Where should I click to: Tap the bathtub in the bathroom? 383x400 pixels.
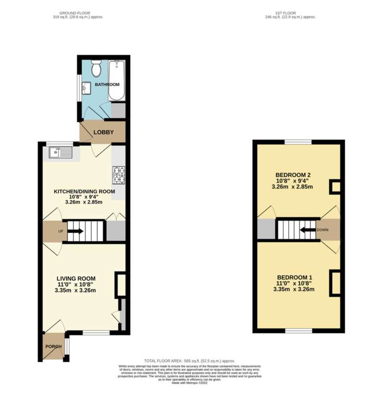point(116,81)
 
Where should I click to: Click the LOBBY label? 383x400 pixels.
point(103,132)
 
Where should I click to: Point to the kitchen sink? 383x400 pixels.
point(60,153)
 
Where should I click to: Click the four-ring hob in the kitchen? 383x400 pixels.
point(118,175)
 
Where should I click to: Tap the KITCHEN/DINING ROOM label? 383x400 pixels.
point(84,191)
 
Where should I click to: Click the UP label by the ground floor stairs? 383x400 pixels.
point(60,231)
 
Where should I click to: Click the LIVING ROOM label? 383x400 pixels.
point(76,278)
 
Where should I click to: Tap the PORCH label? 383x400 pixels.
point(53,347)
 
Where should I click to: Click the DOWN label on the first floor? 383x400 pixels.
point(323,230)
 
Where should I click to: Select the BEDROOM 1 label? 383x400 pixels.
point(294,277)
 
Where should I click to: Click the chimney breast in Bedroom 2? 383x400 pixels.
point(336,187)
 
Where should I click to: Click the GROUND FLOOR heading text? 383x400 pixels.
point(78,12)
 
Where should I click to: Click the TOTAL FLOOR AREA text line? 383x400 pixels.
point(190,361)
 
